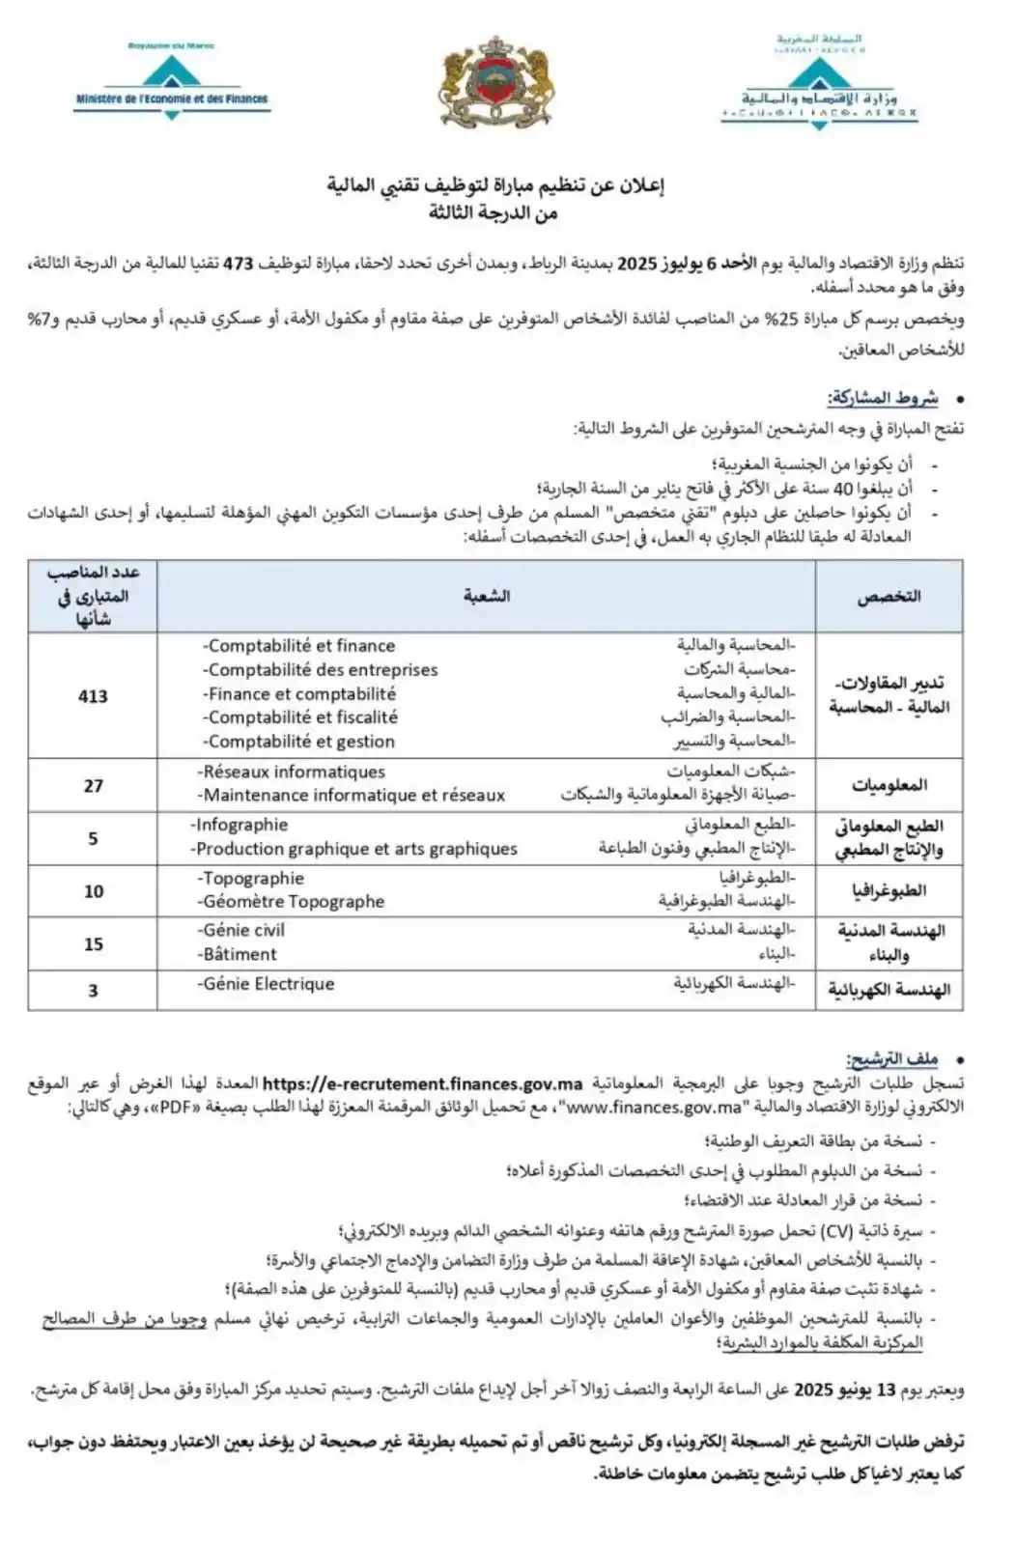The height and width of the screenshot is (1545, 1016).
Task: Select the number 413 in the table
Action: point(93,696)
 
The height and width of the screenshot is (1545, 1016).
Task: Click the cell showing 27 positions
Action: point(93,786)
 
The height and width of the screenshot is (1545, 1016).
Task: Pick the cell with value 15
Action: point(93,944)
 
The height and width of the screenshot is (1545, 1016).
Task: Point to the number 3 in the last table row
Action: point(93,991)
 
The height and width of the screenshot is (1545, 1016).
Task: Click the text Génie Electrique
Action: point(268,984)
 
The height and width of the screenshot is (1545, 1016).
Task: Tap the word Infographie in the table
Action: point(240,826)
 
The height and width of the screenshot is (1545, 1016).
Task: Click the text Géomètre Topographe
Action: point(293,902)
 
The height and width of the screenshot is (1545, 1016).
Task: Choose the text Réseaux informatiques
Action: point(292,772)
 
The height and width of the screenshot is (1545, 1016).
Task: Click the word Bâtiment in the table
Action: point(240,954)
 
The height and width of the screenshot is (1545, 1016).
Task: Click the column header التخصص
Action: point(889,597)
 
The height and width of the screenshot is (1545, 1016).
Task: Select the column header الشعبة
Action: point(486,597)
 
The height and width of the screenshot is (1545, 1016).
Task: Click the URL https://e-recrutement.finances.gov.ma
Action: point(422,1084)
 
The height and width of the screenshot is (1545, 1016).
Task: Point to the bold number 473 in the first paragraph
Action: point(239,264)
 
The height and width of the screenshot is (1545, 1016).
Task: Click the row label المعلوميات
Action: point(889,786)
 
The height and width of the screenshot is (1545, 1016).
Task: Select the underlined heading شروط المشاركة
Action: point(883,399)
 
